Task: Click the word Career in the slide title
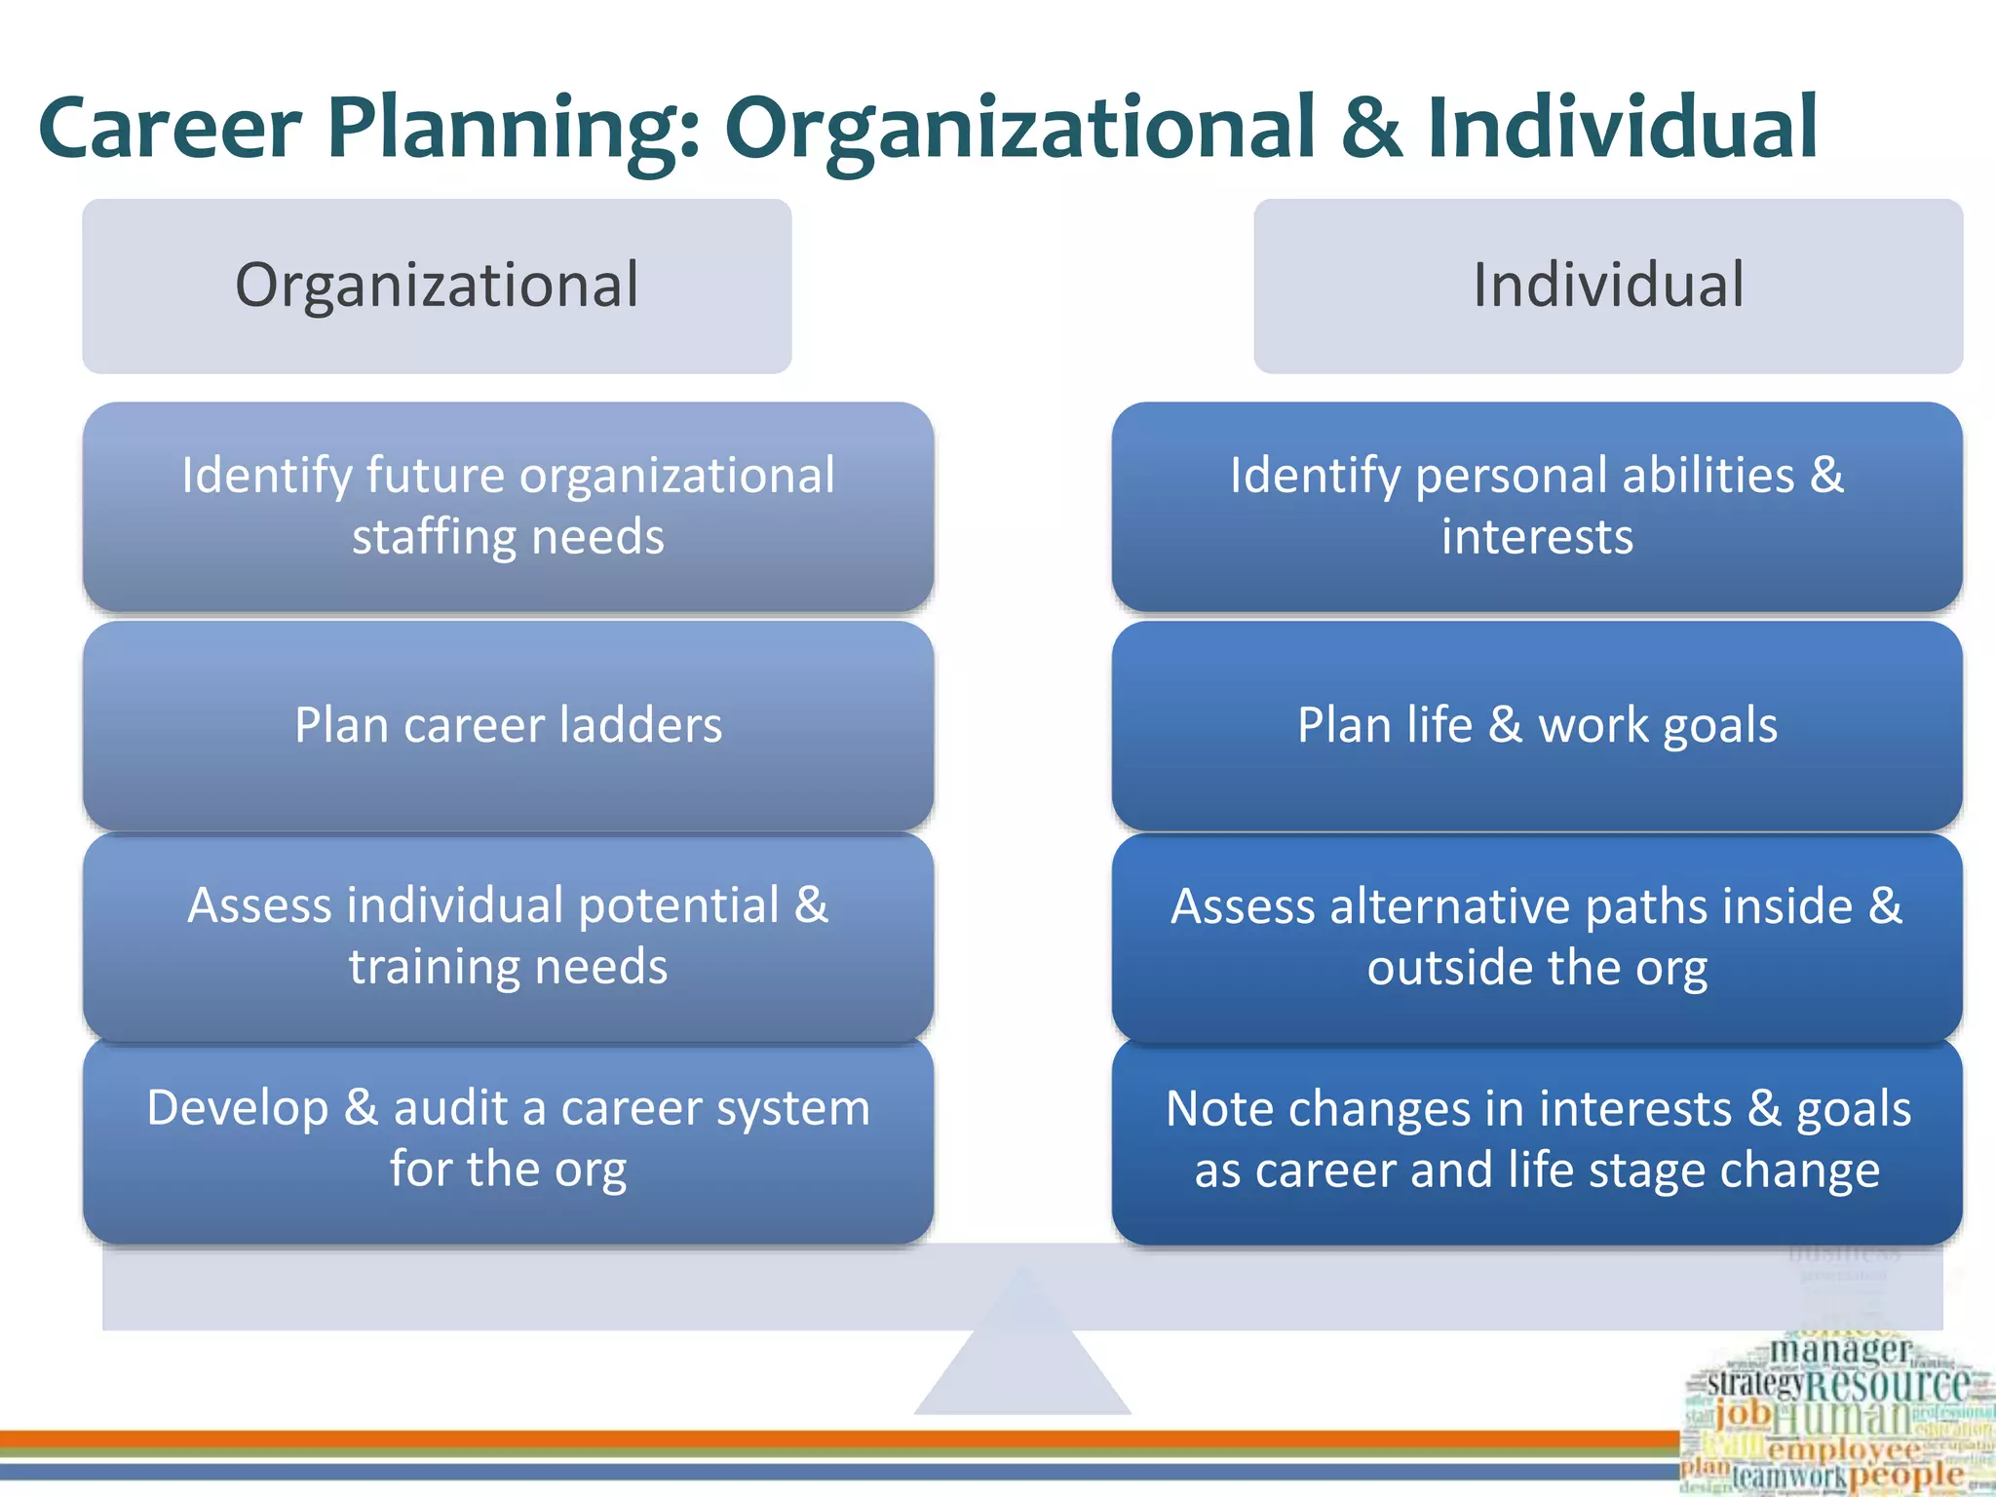click(x=170, y=129)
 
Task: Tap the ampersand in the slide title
click(x=1371, y=129)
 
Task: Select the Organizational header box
click(x=437, y=286)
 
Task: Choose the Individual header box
click(x=1608, y=286)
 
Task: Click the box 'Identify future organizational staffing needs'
click(x=508, y=507)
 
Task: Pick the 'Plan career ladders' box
click(x=508, y=726)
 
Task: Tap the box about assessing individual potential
click(x=508, y=937)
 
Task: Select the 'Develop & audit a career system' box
click(x=508, y=1140)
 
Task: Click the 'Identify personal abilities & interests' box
click(x=1537, y=507)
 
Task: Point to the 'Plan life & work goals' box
click(x=1537, y=726)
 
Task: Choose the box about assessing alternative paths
click(x=1537, y=937)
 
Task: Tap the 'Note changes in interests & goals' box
click(x=1537, y=1140)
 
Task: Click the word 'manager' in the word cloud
click(x=1840, y=1351)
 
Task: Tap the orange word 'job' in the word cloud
click(x=1744, y=1412)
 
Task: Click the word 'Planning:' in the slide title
click(x=514, y=129)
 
